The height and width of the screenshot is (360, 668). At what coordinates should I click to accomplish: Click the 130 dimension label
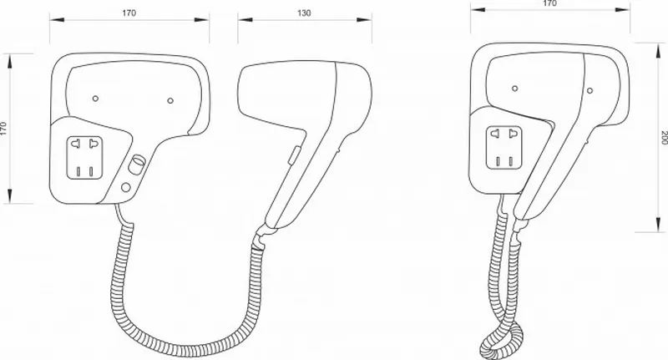304,13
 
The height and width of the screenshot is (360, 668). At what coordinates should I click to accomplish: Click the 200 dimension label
664,138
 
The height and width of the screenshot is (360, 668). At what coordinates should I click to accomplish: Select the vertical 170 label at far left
4,129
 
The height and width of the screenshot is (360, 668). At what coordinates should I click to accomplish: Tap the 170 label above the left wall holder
129,13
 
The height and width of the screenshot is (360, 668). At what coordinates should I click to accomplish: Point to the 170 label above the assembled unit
550,3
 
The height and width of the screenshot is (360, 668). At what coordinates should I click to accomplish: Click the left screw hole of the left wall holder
95,99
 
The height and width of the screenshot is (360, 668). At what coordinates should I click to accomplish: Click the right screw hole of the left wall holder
170,100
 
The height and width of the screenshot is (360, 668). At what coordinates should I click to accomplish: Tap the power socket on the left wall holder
84,158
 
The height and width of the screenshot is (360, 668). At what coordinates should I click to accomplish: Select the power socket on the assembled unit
504,147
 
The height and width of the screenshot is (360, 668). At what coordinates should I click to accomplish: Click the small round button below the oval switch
126,187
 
